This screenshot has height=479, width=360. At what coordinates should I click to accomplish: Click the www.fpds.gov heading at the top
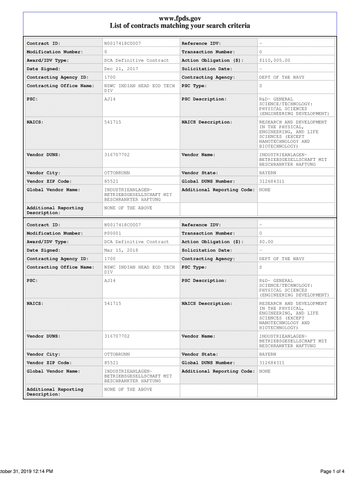(x=180, y=18)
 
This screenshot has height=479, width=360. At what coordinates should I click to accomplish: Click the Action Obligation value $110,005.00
(x=274, y=60)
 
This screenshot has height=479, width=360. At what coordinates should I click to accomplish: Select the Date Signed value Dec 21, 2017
(x=121, y=69)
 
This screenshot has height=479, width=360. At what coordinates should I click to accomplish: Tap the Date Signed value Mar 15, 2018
(x=121, y=250)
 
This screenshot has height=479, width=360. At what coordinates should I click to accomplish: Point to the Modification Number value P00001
(x=112, y=233)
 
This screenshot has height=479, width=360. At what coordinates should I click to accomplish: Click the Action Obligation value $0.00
(x=266, y=242)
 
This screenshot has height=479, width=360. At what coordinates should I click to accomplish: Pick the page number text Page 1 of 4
(x=332, y=471)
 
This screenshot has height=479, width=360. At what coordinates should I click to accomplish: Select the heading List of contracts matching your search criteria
(x=180, y=26)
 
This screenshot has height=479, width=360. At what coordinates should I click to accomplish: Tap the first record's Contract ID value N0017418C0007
(x=122, y=44)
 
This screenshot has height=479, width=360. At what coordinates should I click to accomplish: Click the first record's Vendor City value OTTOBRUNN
(x=117, y=173)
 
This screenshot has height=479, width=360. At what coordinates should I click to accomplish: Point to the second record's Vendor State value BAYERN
(x=267, y=355)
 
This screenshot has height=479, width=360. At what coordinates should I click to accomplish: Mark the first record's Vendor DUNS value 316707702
(x=117, y=154)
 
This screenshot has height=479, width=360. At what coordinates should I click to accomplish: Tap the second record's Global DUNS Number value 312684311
(x=272, y=363)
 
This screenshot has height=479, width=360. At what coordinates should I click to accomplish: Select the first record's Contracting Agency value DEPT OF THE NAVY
(x=281, y=77)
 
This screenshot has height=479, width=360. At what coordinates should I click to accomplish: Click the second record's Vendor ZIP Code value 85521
(x=111, y=363)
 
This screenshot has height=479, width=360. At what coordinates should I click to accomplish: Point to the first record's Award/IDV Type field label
(x=48, y=60)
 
